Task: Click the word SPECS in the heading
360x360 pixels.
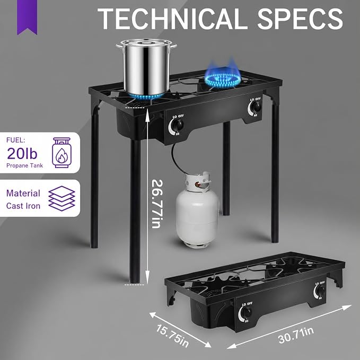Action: (300, 19)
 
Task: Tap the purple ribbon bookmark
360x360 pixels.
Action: (27, 16)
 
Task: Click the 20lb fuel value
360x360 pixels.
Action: (22, 153)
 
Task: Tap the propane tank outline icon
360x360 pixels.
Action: (62, 153)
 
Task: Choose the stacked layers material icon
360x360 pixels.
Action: (62, 198)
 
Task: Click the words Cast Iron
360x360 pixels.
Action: (23, 206)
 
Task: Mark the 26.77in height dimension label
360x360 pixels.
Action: (157, 204)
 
